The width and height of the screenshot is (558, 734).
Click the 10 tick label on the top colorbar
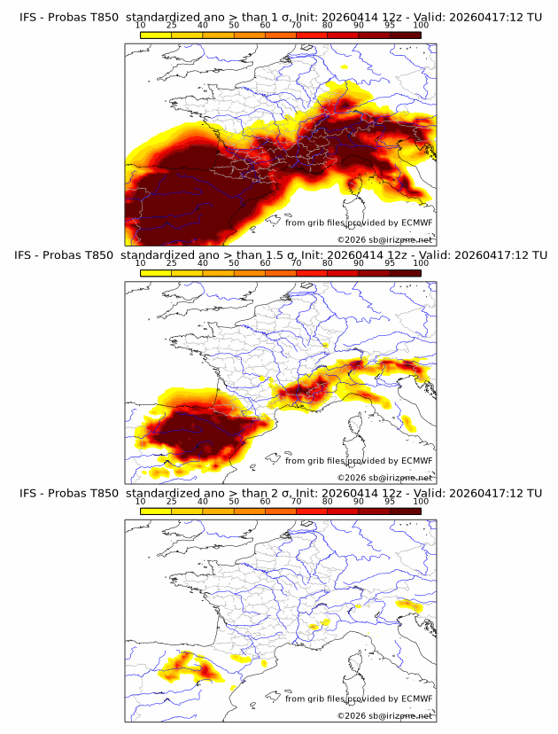(x=140, y=25)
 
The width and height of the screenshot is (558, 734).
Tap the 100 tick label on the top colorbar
(x=421, y=25)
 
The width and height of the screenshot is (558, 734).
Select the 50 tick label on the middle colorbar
(x=234, y=263)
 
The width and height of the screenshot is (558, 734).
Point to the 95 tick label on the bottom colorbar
(x=390, y=501)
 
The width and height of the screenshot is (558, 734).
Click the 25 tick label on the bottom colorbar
(x=171, y=501)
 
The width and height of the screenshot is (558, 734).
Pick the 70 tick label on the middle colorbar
(x=296, y=263)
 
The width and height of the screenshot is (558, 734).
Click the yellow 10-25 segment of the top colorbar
(x=156, y=35)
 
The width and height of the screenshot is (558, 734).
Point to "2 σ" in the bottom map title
(x=286, y=493)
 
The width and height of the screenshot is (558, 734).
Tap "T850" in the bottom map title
(x=105, y=493)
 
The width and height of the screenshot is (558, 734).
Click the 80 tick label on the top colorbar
(x=328, y=25)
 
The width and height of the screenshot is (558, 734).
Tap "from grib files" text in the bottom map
(x=315, y=699)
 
